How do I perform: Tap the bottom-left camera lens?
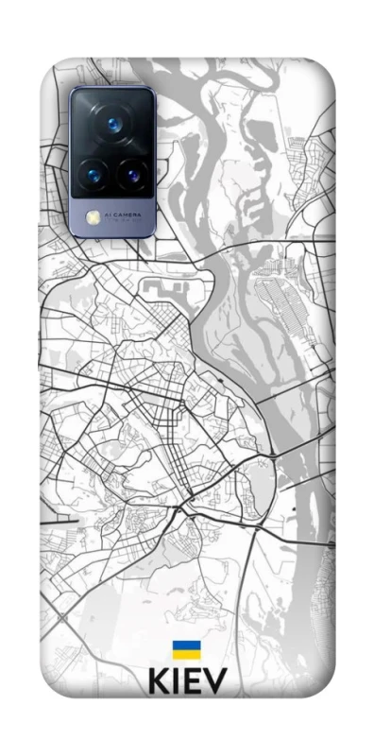(93, 173)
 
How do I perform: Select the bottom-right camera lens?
(129, 173)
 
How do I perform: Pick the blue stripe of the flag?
(186, 645)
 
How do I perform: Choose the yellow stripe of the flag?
(186, 654)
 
